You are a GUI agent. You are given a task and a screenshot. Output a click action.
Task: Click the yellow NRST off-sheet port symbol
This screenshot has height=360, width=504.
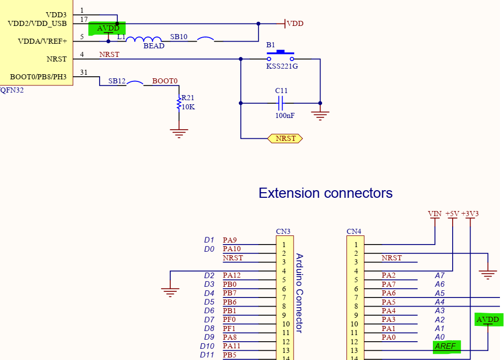pyautogui.click(x=285, y=138)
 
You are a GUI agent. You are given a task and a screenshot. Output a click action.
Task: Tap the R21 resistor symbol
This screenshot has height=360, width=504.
pyautogui.click(x=179, y=103)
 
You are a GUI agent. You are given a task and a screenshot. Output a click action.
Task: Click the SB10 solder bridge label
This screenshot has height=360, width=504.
pyautogui.click(x=178, y=37)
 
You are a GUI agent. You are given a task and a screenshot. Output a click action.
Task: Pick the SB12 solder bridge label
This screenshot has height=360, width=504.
pyautogui.click(x=117, y=81)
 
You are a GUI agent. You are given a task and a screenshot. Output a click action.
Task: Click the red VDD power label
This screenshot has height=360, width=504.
pyautogui.click(x=295, y=23)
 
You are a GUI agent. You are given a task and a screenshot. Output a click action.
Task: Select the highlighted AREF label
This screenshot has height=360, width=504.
pyautogui.click(x=446, y=346)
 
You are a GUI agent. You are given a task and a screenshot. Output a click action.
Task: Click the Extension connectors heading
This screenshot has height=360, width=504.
pyautogui.click(x=325, y=193)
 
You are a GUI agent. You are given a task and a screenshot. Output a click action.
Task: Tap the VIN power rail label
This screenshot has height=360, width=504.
pyautogui.click(x=435, y=214)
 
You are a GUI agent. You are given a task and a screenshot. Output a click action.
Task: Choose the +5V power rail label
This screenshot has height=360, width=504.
pyautogui.click(x=452, y=214)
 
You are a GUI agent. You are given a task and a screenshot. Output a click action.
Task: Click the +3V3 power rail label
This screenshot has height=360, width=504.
pyautogui.click(x=470, y=214)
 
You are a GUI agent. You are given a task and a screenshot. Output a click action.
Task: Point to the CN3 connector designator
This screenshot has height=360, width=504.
pyautogui.click(x=283, y=231)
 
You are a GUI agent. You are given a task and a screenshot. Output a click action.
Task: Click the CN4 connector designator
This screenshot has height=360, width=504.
pyautogui.click(x=354, y=231)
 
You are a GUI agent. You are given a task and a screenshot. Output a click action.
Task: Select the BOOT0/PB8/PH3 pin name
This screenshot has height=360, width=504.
pyautogui.click(x=38, y=77)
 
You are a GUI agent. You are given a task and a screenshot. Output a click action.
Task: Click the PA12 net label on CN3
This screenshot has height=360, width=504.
pyautogui.click(x=232, y=276)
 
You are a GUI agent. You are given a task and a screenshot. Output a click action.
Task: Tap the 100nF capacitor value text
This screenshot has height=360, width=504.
pyautogui.click(x=285, y=115)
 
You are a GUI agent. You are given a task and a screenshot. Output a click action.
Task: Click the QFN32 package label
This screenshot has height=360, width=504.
pyautogui.click(x=12, y=90)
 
